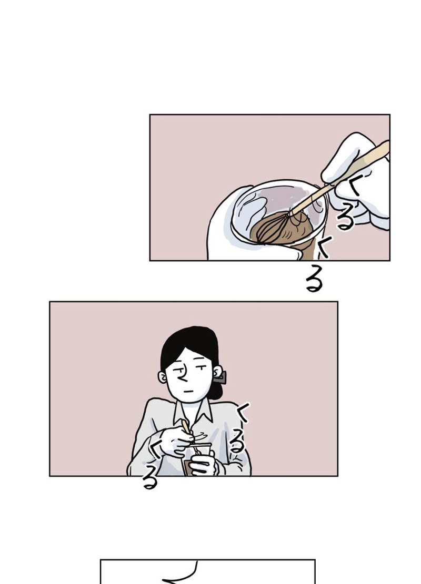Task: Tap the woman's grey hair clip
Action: point(220,378)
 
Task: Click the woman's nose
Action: point(182,376)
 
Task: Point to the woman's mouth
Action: point(190,391)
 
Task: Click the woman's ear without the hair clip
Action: point(163,377)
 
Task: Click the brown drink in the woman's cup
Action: point(189,467)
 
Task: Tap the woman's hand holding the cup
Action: point(204,462)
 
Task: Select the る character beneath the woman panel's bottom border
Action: point(150,480)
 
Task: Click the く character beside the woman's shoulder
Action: point(244,413)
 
